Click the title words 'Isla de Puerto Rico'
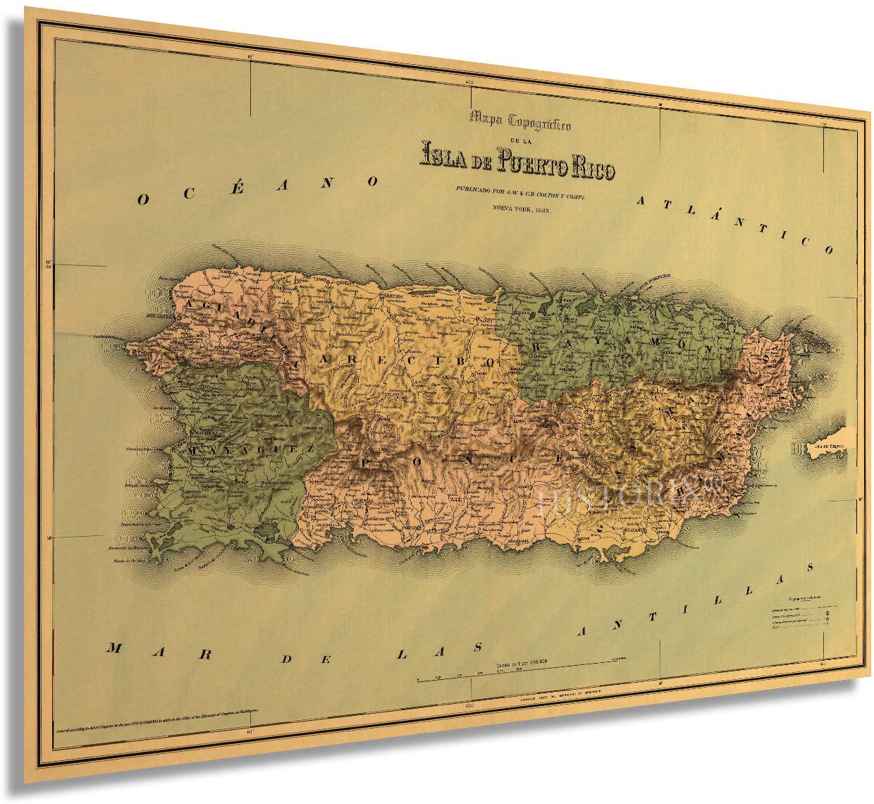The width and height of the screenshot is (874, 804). [517, 166]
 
